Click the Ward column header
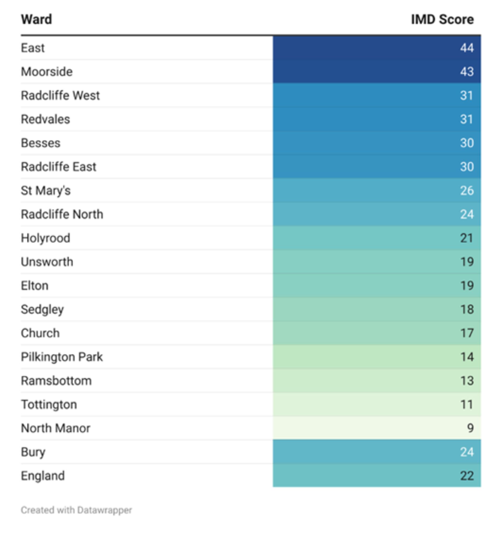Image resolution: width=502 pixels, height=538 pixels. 37,19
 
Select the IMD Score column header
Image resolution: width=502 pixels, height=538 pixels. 442,19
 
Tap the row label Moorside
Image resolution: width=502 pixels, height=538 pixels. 47,72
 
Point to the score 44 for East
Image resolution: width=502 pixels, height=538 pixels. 467,48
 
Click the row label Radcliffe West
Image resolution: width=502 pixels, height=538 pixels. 60,95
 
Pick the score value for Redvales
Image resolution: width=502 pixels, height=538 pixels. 467,119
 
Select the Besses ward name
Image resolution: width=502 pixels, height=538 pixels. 41,143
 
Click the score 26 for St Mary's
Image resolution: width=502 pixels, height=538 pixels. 467,190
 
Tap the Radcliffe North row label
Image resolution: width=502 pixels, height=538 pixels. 62,214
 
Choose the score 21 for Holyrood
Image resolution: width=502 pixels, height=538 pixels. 467,238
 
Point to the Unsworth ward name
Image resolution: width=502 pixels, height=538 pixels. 47,262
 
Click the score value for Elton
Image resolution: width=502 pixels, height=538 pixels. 467,286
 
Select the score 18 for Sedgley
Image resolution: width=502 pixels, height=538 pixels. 467,309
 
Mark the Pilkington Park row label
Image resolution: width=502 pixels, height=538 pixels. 62,357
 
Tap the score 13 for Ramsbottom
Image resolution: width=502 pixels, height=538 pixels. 467,381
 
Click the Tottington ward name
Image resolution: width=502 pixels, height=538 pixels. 49,405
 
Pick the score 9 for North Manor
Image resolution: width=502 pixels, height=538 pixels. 470,428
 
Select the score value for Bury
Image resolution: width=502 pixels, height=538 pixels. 467,452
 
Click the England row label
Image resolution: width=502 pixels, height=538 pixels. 43,476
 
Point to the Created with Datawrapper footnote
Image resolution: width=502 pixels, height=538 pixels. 76,510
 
